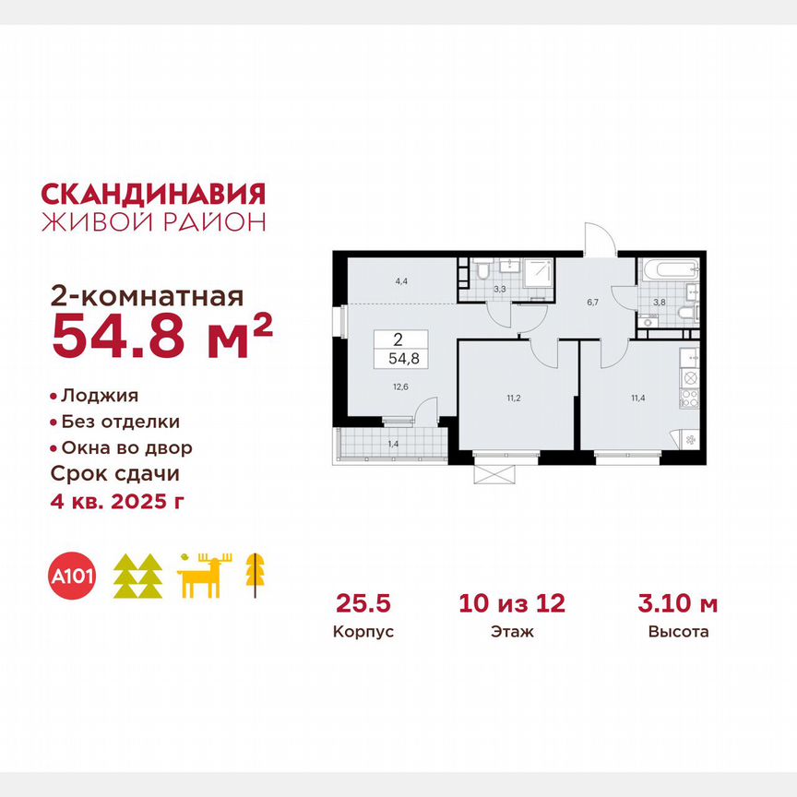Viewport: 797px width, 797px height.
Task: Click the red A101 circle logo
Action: (75, 576)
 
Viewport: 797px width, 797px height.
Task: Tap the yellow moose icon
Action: (206, 577)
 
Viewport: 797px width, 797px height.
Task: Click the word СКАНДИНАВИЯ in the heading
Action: (154, 193)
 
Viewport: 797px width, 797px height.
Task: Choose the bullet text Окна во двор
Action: (126, 448)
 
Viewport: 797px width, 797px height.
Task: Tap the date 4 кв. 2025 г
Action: (120, 501)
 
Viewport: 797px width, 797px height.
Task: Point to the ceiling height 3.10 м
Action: (677, 604)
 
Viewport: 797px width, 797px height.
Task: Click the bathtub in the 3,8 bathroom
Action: (668, 270)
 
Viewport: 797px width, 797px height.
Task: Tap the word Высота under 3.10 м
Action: (677, 633)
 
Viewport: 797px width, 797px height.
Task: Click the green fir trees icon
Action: (137, 577)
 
